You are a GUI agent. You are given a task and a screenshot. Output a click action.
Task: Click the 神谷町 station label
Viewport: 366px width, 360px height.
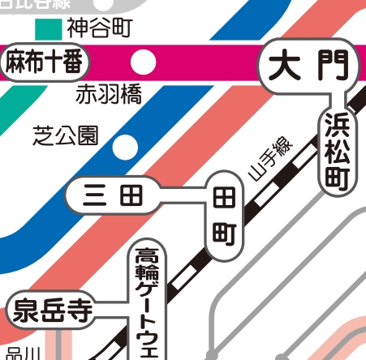tap(98, 30)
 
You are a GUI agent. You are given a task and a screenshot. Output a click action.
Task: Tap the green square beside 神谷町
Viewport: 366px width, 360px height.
tap(50, 28)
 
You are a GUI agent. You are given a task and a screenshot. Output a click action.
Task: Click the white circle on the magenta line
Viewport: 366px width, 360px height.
tap(144, 61)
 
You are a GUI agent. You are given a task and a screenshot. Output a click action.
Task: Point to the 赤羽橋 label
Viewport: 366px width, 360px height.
tap(109, 95)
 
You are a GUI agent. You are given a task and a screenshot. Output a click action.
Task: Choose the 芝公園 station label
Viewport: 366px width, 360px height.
tap(65, 134)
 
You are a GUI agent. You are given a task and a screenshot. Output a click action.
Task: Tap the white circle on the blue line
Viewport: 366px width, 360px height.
tap(125, 147)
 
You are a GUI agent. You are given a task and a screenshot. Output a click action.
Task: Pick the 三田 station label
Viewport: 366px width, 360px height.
tap(113, 195)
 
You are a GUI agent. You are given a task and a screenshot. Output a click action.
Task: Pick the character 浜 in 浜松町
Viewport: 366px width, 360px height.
tap(336, 126)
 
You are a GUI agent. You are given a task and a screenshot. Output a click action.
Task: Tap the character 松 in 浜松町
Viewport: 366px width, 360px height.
tap(336, 152)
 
